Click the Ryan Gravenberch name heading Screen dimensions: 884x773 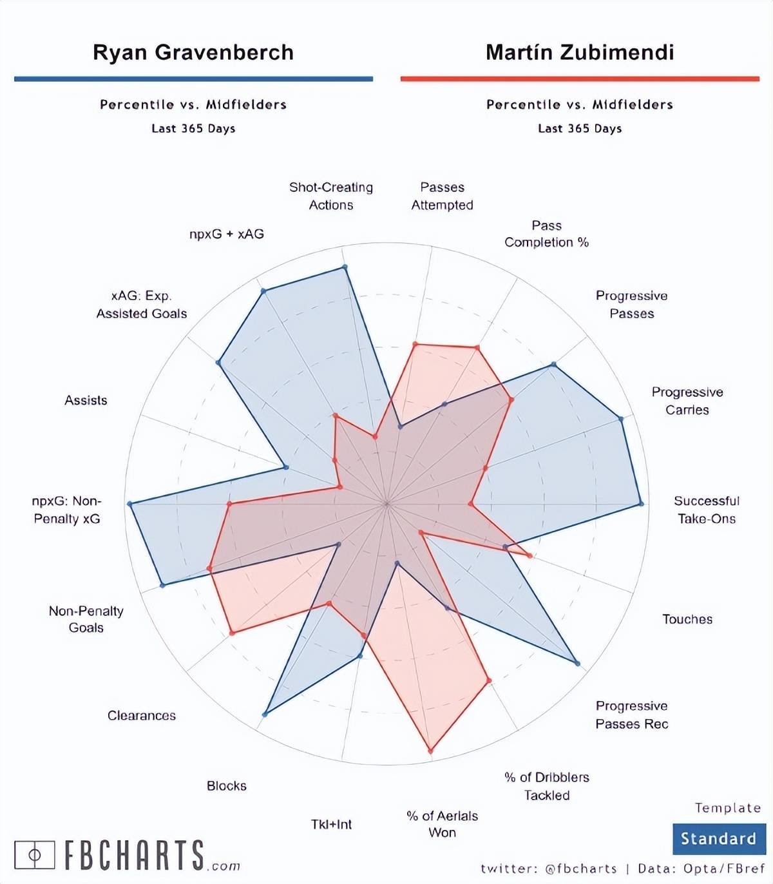[193, 52]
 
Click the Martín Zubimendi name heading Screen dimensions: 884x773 [580, 52]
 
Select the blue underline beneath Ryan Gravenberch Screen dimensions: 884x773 [193, 79]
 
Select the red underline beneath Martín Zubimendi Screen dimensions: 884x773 [580, 79]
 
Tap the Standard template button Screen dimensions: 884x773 [718, 838]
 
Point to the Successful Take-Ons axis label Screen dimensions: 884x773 [706, 510]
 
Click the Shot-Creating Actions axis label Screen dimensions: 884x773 [330, 196]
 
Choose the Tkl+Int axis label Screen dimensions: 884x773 [331, 824]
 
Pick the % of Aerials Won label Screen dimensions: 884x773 [442, 824]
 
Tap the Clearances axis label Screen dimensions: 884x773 [142, 715]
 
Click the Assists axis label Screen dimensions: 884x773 [86, 400]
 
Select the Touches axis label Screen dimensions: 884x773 [687, 619]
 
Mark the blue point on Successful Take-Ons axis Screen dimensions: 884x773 [640, 504]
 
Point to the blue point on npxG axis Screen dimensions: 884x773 [130, 504]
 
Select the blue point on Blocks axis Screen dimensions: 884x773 [265, 714]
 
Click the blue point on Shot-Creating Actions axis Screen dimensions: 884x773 [345, 267]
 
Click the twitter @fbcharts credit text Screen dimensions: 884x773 [549, 869]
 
